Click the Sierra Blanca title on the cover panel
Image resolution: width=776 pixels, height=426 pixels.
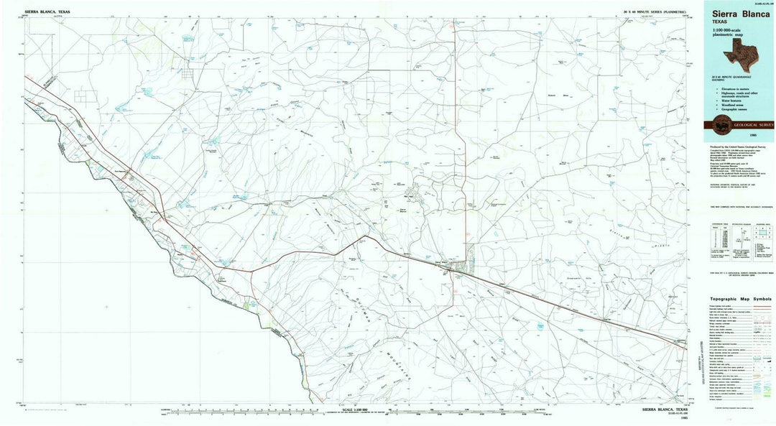(x=739, y=13)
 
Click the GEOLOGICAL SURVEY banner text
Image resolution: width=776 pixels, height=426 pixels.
(x=752, y=125)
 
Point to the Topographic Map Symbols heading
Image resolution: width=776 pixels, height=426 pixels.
(x=741, y=298)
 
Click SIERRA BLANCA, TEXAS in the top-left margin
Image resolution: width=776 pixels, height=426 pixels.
(x=47, y=12)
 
